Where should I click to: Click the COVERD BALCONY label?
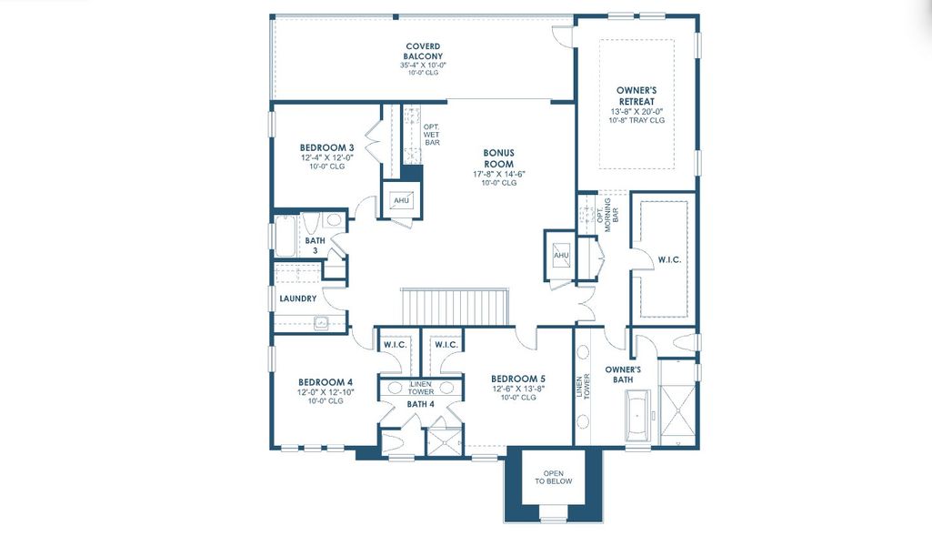click(423, 51)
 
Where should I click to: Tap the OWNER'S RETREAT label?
click(637, 96)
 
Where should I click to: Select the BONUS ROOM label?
click(499, 158)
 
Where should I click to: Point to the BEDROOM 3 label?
click(326, 147)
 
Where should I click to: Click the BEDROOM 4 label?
click(325, 382)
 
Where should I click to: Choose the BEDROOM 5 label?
click(518, 379)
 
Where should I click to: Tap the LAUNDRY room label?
click(297, 298)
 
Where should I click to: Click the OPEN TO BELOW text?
click(554, 477)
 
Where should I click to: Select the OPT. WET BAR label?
click(432, 135)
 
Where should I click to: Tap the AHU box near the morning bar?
click(561, 255)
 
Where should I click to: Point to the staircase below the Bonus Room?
click(456, 305)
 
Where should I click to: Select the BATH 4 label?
click(420, 403)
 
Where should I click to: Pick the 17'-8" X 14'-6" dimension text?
click(499, 174)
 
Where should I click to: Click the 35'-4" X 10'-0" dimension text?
click(423, 66)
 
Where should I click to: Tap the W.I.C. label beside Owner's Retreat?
click(669, 260)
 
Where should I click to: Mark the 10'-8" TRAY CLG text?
click(637, 120)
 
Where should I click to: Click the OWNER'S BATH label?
click(624, 374)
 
